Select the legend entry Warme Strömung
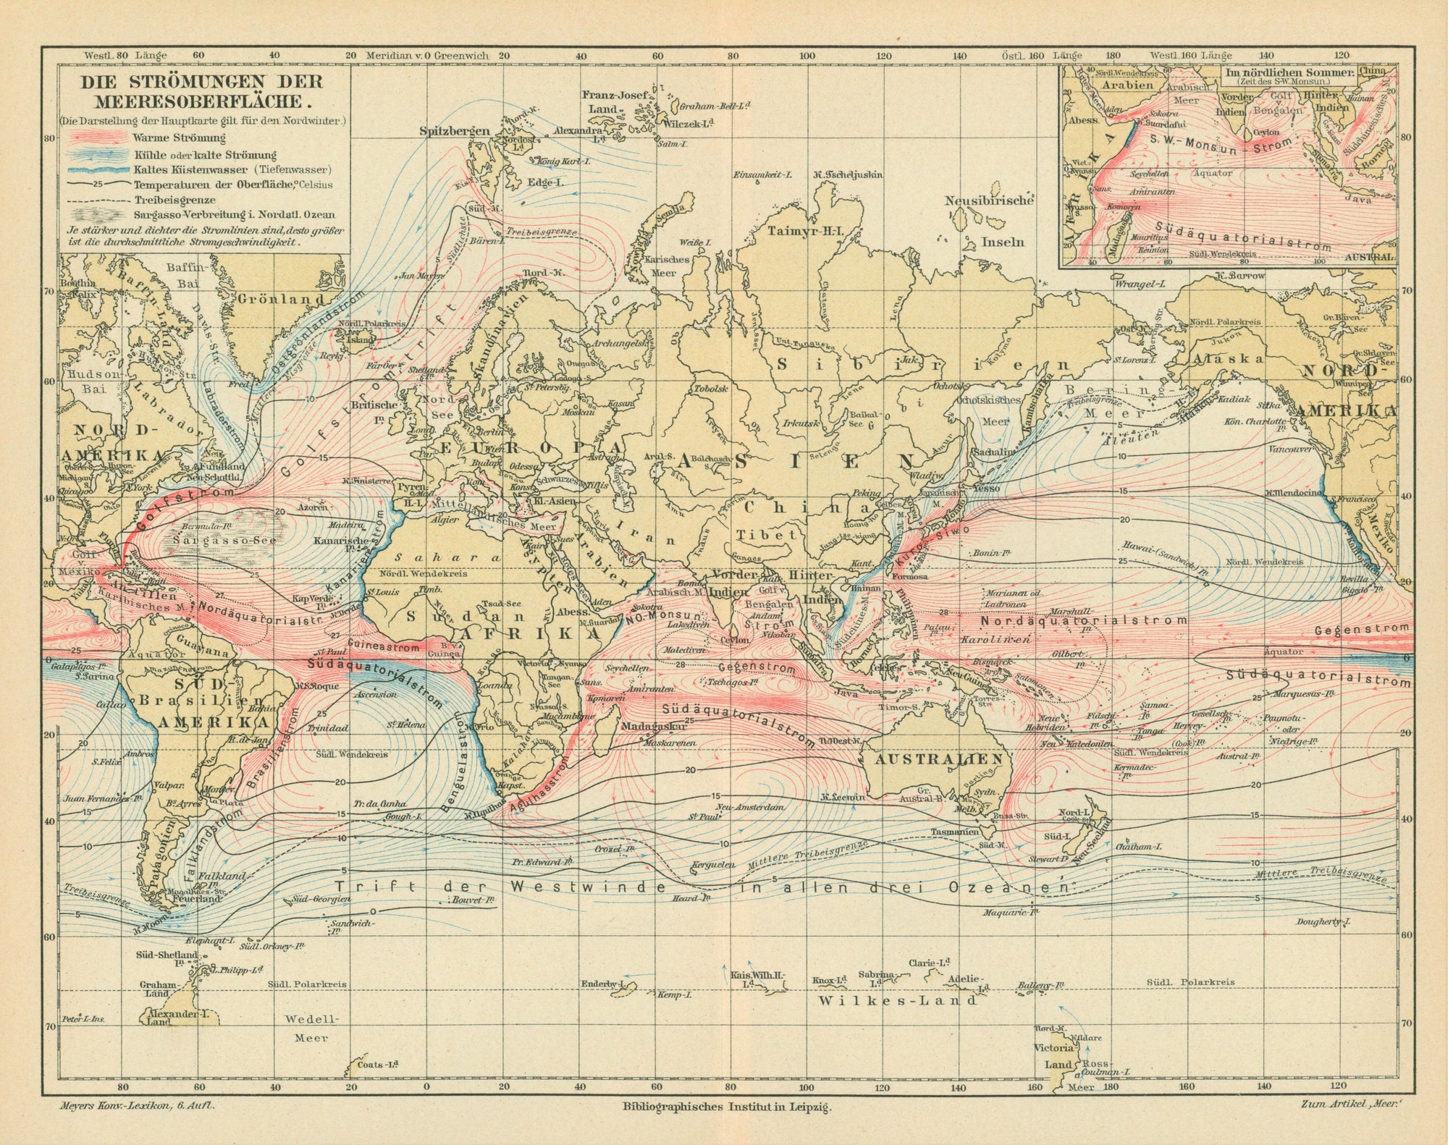coord(180,138)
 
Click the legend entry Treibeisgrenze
coord(169,200)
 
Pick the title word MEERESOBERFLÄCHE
coord(203,101)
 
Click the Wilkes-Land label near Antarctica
coord(896,1000)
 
